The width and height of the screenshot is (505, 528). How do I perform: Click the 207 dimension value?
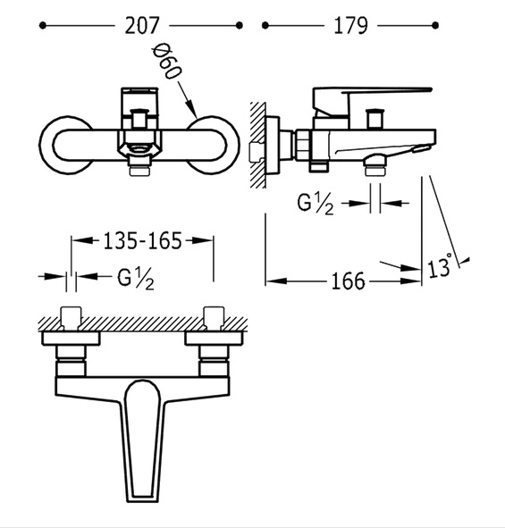(141, 26)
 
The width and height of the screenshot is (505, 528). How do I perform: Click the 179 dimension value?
(350, 26)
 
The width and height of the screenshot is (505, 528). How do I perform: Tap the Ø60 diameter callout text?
(167, 62)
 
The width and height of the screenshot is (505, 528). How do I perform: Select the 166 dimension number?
(348, 281)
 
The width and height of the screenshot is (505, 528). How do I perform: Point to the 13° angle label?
(440, 266)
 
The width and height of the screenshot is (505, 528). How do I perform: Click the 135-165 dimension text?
(142, 240)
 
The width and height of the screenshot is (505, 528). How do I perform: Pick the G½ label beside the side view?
(316, 204)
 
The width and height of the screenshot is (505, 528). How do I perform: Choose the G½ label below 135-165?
(136, 279)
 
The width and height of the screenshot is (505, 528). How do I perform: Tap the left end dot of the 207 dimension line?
(42, 26)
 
